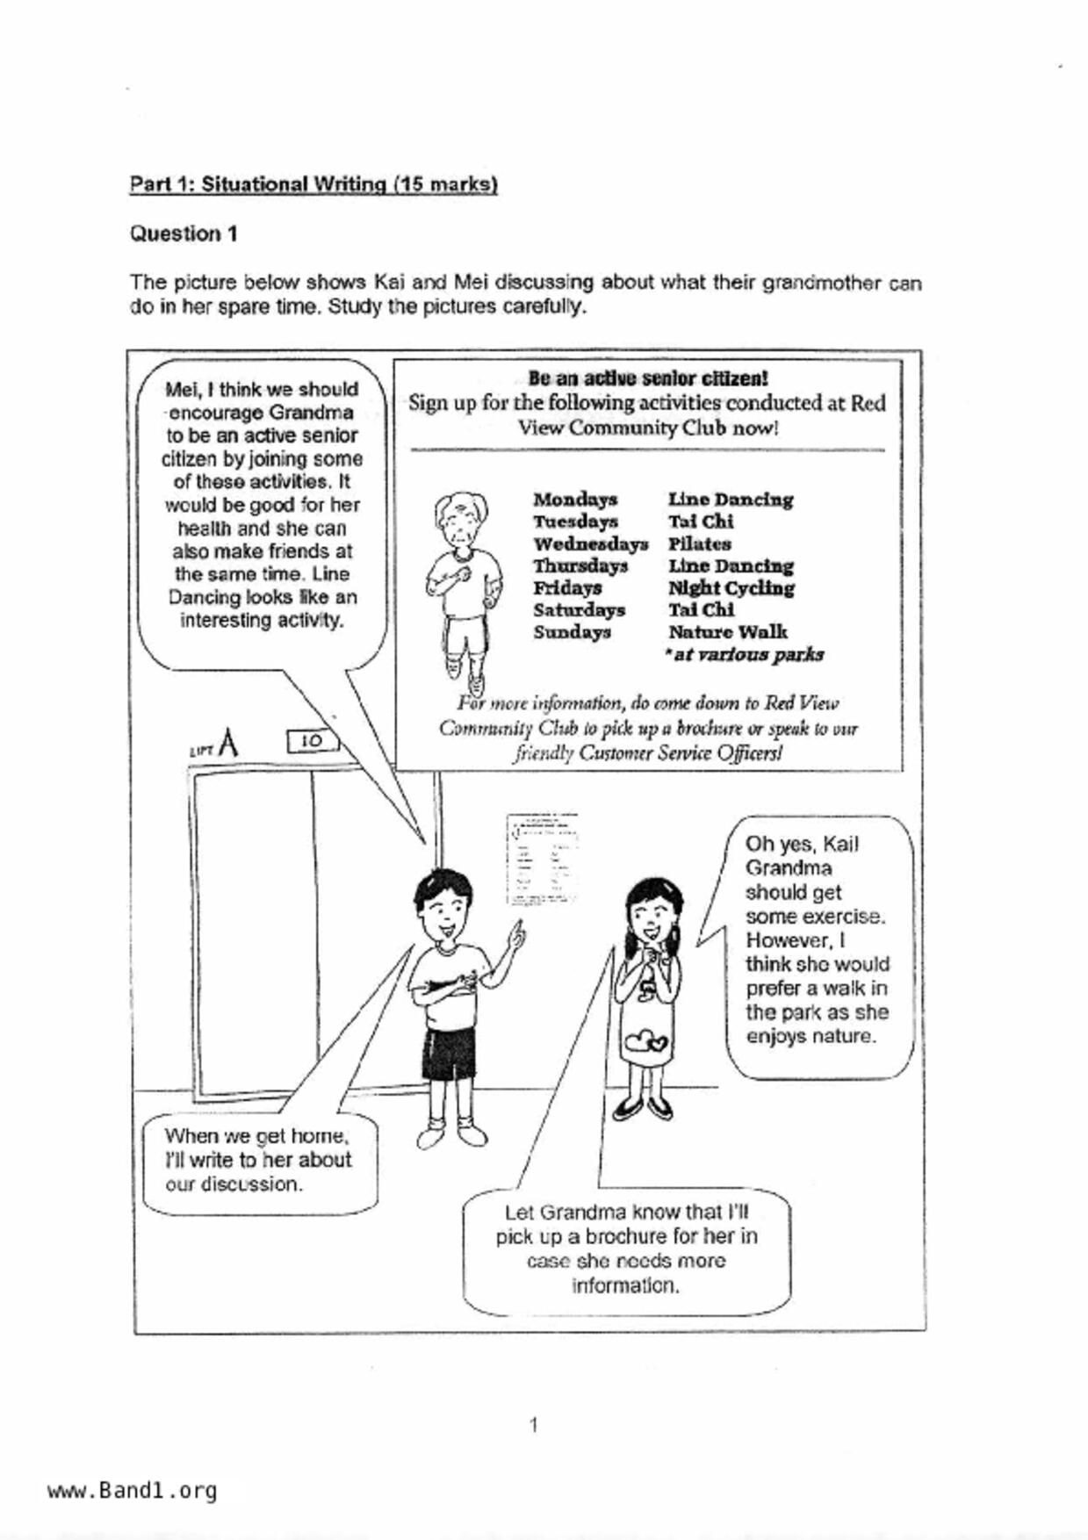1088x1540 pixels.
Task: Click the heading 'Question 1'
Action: coord(184,234)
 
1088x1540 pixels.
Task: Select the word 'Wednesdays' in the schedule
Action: coord(590,544)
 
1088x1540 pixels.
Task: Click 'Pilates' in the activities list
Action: coord(699,544)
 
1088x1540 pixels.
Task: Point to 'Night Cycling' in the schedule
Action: coord(731,588)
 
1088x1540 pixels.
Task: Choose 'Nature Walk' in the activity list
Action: coord(727,632)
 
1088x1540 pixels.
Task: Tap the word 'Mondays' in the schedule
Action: coord(575,500)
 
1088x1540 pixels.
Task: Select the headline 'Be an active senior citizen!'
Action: coord(648,378)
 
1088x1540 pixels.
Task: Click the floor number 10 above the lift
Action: coord(312,741)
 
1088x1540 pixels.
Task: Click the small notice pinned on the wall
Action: coord(542,860)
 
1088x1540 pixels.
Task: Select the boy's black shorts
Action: coord(449,1054)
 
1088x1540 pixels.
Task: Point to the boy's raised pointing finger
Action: coord(521,931)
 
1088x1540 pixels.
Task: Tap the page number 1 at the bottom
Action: coord(534,1424)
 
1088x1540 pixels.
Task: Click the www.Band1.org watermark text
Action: coord(133,1491)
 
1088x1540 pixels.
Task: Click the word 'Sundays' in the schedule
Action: coord(572,632)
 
